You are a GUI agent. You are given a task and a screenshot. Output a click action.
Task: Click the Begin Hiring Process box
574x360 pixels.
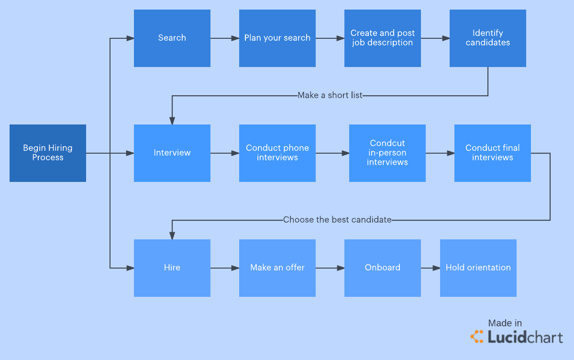coord(48,153)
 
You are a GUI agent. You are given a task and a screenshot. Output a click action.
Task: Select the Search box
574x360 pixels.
coord(172,38)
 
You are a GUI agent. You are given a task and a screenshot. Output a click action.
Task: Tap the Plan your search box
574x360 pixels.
coord(277,38)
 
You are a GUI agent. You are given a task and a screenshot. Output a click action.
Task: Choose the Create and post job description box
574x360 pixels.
coord(383,38)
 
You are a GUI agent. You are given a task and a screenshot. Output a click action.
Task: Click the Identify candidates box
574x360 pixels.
coord(488,38)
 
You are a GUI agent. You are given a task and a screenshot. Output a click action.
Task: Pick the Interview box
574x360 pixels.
coord(172,153)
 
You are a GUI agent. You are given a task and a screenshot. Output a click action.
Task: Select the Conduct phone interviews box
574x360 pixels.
coord(277,153)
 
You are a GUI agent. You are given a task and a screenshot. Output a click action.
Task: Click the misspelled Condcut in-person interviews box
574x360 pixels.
coord(387,153)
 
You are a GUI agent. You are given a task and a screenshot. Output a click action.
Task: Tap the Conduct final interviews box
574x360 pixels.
coord(493,153)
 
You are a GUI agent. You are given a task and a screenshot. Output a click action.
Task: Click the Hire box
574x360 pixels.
coord(172,268)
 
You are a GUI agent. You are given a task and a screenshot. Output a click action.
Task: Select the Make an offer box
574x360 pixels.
coord(277,268)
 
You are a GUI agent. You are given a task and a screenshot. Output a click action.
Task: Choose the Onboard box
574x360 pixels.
coord(383,268)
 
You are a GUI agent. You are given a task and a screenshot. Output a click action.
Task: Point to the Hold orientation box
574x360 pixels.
coord(478,268)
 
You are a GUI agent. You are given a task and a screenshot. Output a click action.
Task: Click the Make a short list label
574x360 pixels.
coord(330,95)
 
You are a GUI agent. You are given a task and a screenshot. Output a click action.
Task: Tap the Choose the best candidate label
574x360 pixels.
coord(337,220)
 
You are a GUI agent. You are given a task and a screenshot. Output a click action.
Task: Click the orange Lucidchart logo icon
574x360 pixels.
coord(477,337)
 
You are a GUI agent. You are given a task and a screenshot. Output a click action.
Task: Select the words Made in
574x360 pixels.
coord(505,323)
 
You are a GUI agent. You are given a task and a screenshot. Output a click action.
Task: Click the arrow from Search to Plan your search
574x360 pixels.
coord(225,38)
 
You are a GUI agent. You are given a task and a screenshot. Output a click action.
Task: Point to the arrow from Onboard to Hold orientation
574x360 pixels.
coord(430,268)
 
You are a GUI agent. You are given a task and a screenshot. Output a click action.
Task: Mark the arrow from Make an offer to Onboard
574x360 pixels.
coord(330,268)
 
